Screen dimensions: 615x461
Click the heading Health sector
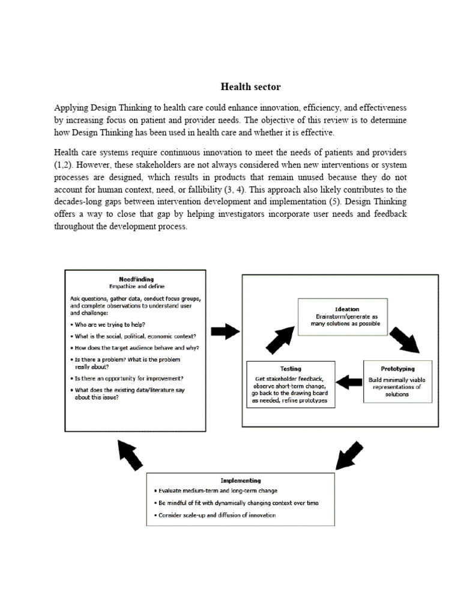(x=250, y=87)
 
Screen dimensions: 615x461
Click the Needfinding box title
(x=136, y=279)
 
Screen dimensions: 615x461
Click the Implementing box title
(x=240, y=480)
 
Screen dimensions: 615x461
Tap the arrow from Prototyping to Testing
(x=349, y=380)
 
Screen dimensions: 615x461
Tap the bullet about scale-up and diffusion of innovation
(x=214, y=515)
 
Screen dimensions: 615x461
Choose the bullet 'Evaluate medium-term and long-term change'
(x=215, y=491)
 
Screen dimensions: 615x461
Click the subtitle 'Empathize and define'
(x=136, y=286)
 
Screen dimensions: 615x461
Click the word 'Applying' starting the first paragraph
(x=71, y=108)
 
